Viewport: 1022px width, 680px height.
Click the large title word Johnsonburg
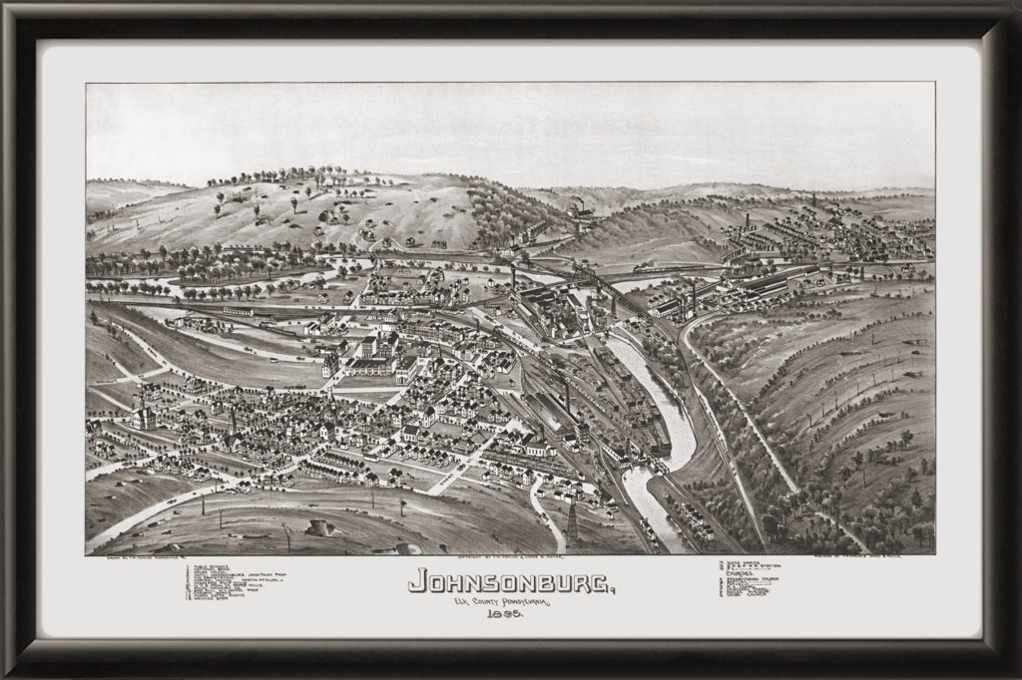tap(511, 580)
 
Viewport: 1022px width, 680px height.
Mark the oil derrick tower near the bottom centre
tap(572, 521)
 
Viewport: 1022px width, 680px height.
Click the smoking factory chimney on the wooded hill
tap(578, 209)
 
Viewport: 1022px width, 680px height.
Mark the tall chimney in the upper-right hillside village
tap(747, 221)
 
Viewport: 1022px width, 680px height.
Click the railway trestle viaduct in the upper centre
tap(599, 284)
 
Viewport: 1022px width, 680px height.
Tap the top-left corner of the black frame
tap(8, 8)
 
